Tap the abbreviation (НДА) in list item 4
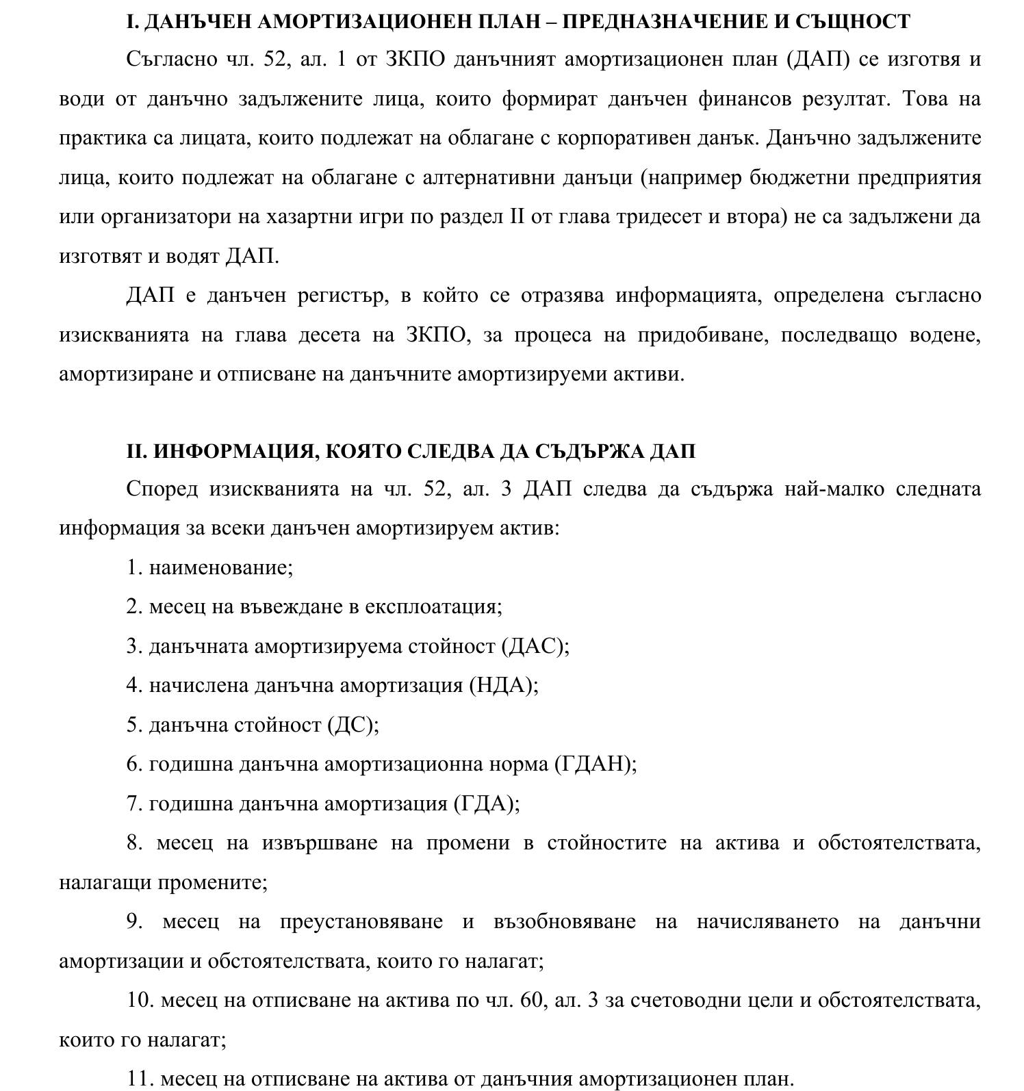coord(504,685)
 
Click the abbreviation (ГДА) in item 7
coord(487,804)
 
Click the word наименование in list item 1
coord(221,567)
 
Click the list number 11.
coord(139,1079)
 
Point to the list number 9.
coord(133,922)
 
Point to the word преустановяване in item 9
coord(361,922)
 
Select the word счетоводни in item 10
coord(684,1001)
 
